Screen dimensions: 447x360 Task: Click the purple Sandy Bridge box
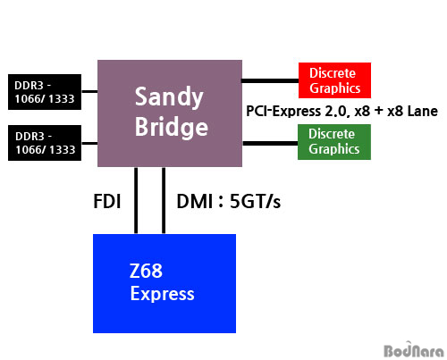(170, 113)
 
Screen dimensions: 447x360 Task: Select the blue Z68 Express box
(164, 283)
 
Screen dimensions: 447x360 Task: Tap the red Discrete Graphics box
(334, 80)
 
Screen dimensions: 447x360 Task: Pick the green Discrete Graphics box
(334, 142)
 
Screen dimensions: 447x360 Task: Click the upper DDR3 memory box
(45, 92)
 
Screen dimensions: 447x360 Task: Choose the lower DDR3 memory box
(45, 143)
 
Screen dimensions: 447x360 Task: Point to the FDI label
(107, 201)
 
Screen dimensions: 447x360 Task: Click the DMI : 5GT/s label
(229, 201)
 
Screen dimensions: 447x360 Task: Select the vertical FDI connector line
(136, 200)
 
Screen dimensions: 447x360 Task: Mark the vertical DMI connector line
(164, 200)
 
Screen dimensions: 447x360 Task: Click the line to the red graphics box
(270, 80)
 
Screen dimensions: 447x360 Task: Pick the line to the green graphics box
(270, 143)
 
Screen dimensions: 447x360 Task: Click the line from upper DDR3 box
(89, 91)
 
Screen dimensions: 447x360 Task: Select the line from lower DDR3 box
(89, 143)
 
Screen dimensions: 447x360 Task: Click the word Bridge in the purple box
(172, 127)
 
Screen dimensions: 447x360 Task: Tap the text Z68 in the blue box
(146, 271)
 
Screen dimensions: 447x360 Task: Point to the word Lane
(423, 111)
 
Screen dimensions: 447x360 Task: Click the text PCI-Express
(283, 112)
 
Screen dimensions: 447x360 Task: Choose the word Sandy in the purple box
(169, 97)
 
